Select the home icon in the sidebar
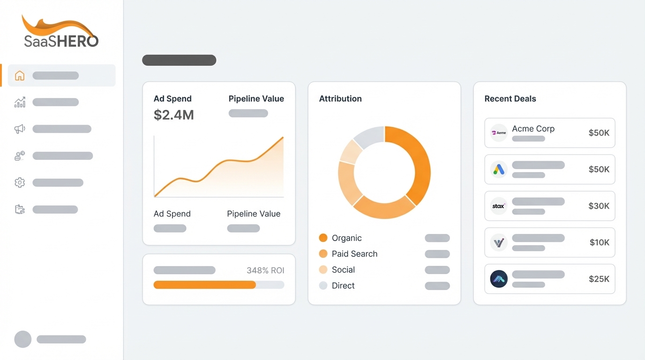[20, 75]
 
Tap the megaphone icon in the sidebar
[20, 129]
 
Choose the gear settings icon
[20, 182]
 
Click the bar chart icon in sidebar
[20, 102]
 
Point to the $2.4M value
[173, 115]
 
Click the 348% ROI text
[265, 270]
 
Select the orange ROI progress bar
[204, 285]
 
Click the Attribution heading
[340, 99]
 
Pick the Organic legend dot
[323, 238]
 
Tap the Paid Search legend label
[354, 254]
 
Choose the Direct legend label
[343, 285]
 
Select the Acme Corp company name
[533, 128]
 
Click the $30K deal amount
[599, 206]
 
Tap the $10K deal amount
[599, 242]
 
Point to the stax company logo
[499, 206]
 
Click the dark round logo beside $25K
[499, 279]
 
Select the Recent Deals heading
[510, 99]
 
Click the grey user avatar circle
[23, 339]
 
